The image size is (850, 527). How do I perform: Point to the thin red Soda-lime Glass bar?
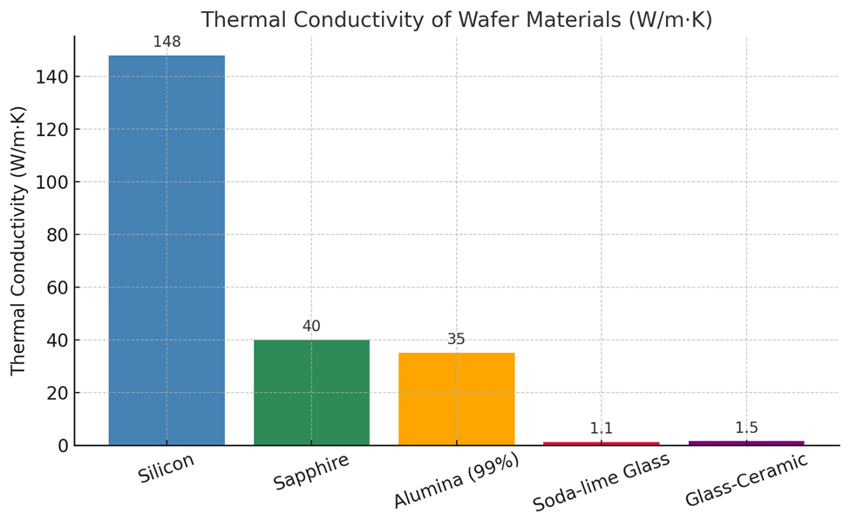602,443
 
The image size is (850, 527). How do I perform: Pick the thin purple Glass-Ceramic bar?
746,443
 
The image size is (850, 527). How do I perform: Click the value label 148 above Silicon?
167,43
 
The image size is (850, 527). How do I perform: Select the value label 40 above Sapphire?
311,327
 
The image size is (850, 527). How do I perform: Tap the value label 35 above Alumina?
456,340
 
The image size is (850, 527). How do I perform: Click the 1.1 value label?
602,429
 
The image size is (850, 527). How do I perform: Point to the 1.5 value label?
746,428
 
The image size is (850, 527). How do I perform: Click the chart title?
456,19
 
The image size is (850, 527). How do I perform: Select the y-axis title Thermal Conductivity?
19,240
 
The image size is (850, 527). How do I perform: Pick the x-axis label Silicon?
167,469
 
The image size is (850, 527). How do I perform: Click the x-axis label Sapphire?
311,471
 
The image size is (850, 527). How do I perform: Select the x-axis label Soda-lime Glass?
602,482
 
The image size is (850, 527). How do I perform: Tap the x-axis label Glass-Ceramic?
746,480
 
